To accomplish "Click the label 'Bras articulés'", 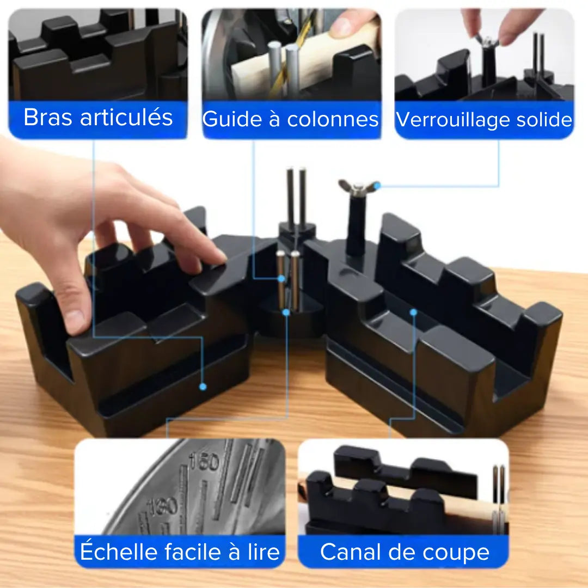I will point(98,118).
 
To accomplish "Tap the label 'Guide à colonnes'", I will point(291,119).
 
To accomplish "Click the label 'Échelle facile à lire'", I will point(180,551).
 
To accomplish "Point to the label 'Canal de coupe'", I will point(404,552).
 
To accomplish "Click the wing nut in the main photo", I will point(357,188).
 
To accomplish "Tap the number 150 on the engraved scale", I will point(204,463).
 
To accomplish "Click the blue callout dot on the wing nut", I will point(377,186).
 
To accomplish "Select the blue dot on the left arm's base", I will point(203,387).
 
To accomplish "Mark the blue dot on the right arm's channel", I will point(413,312).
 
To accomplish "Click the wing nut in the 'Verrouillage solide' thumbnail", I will point(486,41).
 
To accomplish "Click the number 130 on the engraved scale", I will point(164,506).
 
